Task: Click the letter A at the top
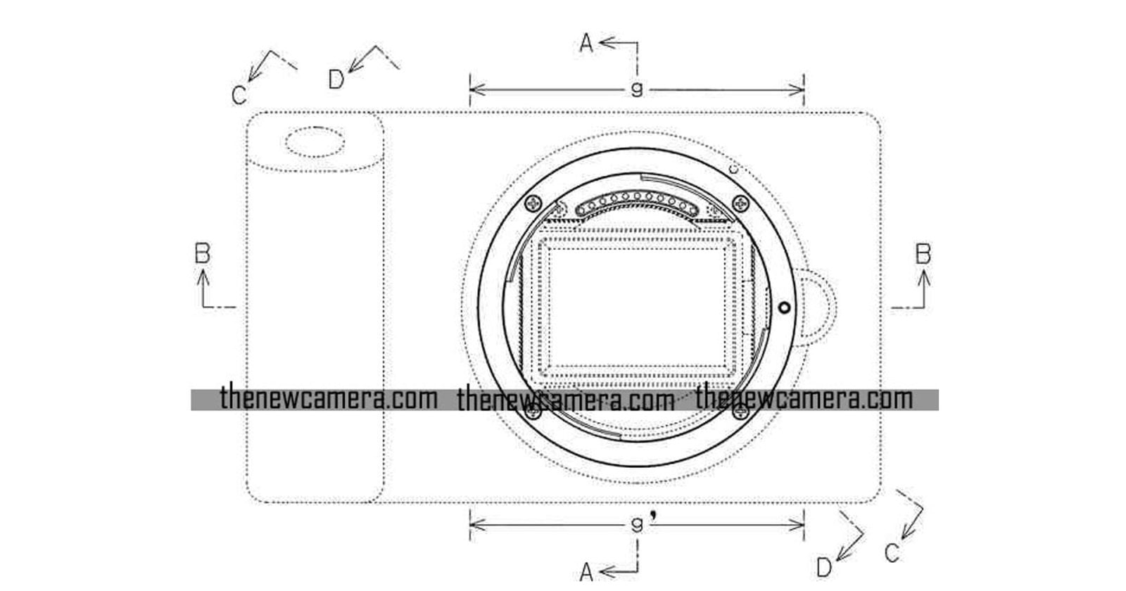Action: pos(586,43)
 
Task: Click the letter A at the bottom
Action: pos(586,572)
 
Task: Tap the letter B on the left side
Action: pos(203,253)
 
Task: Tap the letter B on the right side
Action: pos(923,254)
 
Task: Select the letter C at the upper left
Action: pos(239,95)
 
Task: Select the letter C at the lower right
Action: pos(892,553)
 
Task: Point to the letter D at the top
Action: pos(336,79)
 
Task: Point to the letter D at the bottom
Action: pos(824,568)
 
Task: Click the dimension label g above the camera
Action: pos(637,89)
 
